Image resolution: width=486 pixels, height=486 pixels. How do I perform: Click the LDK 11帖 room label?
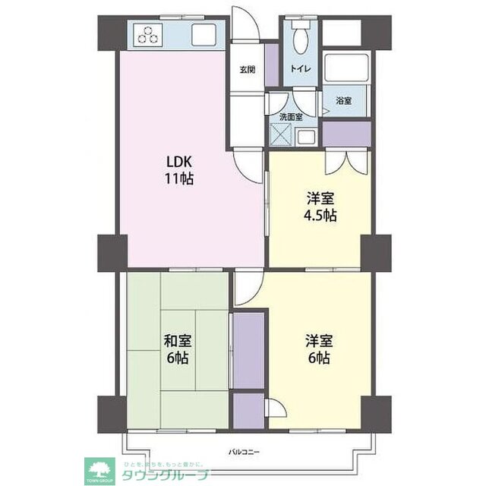click(180, 171)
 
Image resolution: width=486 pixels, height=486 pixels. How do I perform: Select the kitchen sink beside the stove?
click(204, 35)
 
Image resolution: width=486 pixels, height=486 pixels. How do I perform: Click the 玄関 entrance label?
click(248, 70)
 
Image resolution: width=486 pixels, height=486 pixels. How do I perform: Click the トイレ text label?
click(298, 69)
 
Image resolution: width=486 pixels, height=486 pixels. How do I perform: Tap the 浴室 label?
click(343, 101)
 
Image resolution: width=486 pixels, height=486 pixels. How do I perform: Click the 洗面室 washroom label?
click(290, 117)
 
